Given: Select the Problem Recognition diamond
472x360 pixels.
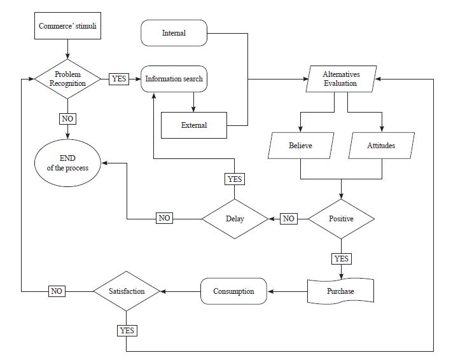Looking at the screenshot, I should pyautogui.click(x=67, y=79).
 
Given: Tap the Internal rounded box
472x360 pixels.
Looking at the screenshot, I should pyautogui.click(x=174, y=33).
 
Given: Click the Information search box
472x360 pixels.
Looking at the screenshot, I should pyautogui.click(x=174, y=79).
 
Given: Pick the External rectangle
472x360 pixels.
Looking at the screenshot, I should pyautogui.click(x=194, y=125).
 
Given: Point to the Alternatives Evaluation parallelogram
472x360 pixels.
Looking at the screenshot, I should pyautogui.click(x=340, y=80).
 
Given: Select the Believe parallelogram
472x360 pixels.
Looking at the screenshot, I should pyautogui.click(x=301, y=146).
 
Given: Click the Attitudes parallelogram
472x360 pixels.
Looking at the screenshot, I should pyautogui.click(x=381, y=146).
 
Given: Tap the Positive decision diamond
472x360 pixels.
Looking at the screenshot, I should pyautogui.click(x=341, y=219).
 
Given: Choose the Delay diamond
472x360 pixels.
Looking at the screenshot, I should pyautogui.click(x=235, y=219).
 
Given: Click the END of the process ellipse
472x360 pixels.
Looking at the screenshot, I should pyautogui.click(x=67, y=163).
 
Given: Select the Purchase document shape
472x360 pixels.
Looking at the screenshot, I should pyautogui.click(x=341, y=291).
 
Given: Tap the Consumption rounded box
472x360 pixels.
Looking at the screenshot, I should pyautogui.click(x=233, y=291).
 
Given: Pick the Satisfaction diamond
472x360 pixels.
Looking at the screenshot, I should pyautogui.click(x=126, y=291).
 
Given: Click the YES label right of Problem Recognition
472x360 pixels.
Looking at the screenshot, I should pyautogui.click(x=119, y=79).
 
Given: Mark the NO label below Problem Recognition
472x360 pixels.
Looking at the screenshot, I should pyautogui.click(x=67, y=119).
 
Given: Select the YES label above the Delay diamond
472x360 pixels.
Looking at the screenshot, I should pyautogui.click(x=235, y=179).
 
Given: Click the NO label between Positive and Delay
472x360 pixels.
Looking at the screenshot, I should pyautogui.click(x=289, y=219).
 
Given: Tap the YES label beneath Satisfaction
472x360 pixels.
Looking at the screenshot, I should pyautogui.click(x=126, y=330).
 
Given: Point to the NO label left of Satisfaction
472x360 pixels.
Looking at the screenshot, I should pyautogui.click(x=57, y=291).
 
